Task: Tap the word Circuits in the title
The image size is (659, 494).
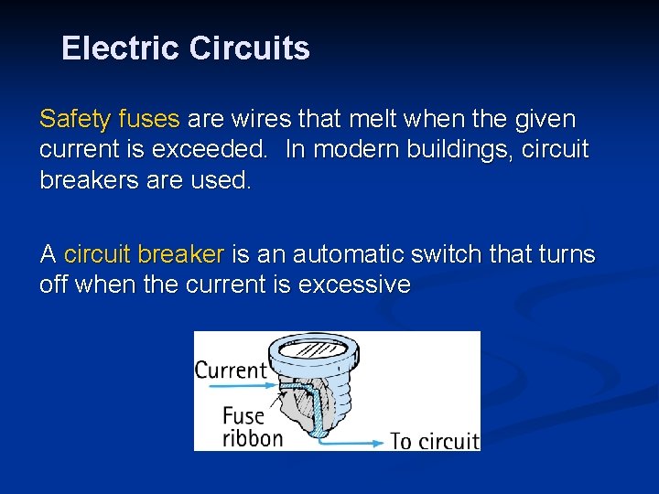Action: pos(249,48)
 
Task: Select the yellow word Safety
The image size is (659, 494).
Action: pos(73,119)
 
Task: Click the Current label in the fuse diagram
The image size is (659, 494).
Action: pos(230,370)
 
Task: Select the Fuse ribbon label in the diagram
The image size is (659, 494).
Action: pos(252,427)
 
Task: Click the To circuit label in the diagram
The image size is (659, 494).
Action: pos(434,441)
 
